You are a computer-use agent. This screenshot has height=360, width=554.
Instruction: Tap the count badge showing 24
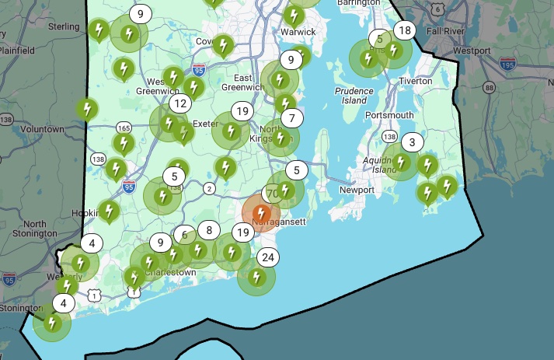(267, 257)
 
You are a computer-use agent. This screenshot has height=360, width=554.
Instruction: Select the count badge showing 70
(272, 193)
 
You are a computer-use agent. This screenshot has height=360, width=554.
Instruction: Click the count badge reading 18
(404, 30)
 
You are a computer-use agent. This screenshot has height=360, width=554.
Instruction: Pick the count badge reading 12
(180, 103)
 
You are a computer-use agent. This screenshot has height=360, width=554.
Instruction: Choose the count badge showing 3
(412, 142)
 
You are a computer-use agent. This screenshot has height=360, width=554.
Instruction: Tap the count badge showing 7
(291, 118)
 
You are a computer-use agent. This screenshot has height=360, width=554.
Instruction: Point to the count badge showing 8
(208, 229)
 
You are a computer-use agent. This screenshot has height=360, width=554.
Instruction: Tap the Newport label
(357, 190)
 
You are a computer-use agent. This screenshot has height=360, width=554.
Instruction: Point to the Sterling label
(64, 26)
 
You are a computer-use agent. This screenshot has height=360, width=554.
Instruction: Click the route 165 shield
(124, 127)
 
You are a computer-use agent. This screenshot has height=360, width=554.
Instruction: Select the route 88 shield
(489, 87)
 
